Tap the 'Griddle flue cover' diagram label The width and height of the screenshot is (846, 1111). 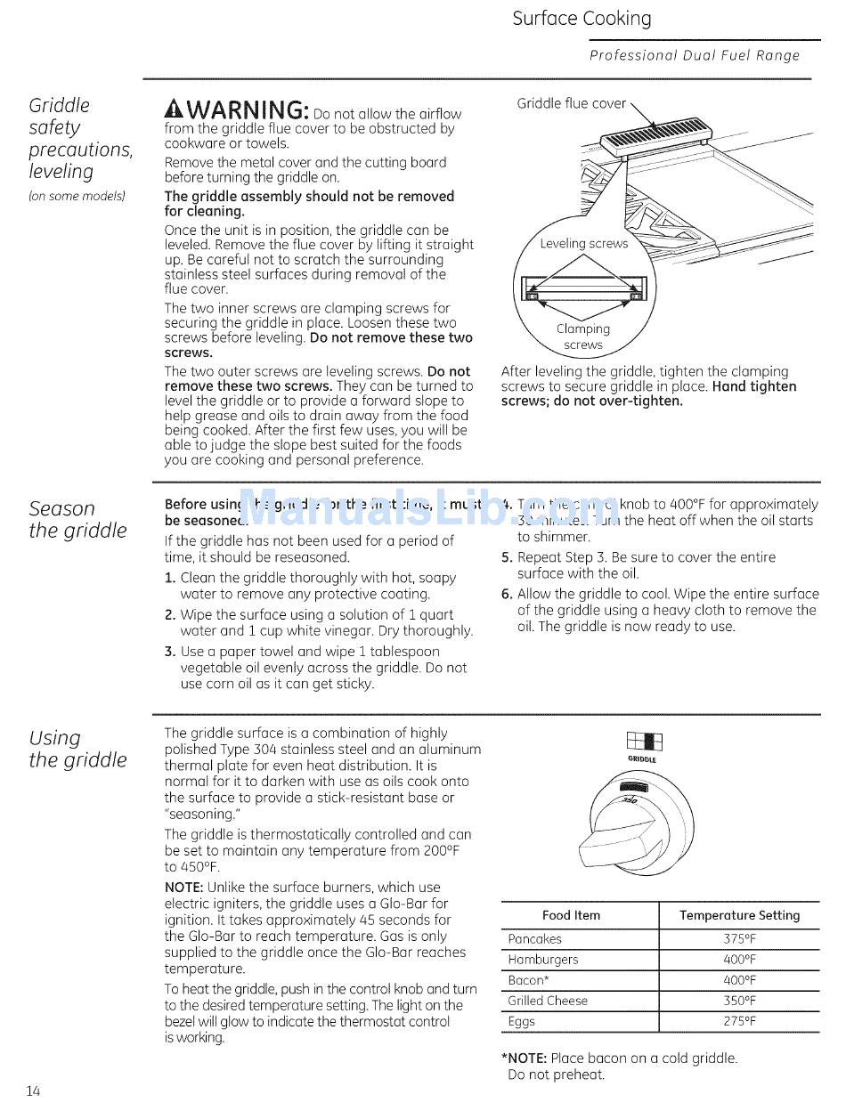click(x=571, y=103)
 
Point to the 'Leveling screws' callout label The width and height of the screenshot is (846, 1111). click(x=583, y=243)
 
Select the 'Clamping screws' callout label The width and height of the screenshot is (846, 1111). click(x=583, y=337)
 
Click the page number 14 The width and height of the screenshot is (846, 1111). click(x=33, y=1091)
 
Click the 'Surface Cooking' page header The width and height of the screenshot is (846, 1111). click(x=582, y=19)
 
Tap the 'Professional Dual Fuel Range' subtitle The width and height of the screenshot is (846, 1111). click(x=695, y=55)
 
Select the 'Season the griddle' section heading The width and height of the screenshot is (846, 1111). click(x=77, y=519)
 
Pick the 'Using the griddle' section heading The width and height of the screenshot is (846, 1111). click(x=77, y=749)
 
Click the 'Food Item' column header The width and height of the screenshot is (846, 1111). click(x=571, y=915)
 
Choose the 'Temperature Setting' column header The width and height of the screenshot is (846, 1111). click(x=739, y=915)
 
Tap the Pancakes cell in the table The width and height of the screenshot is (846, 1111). click(x=534, y=939)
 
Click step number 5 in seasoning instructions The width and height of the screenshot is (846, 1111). click(x=506, y=558)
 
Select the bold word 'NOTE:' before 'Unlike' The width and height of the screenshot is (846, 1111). click(x=184, y=888)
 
